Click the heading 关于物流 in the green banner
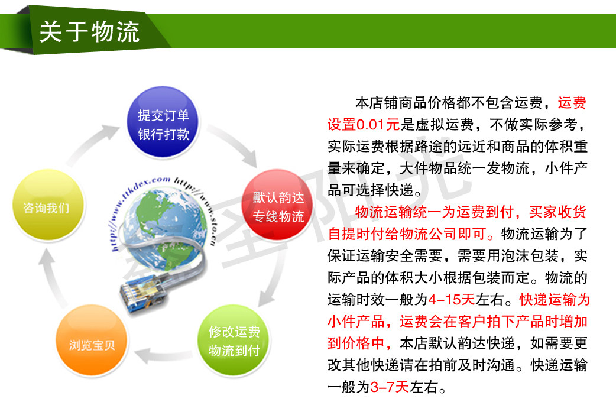pyautogui.click(x=89, y=31)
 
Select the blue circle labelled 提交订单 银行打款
pyautogui.click(x=163, y=122)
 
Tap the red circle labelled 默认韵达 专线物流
pyautogui.click(x=278, y=206)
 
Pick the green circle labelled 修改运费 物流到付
pyautogui.click(x=234, y=341)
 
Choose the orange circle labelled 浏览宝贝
pyautogui.click(x=92, y=341)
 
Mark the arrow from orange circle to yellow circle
pyautogui.click(x=50, y=275)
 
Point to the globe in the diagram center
pyautogui.click(x=164, y=228)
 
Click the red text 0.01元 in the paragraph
pyautogui.click(x=378, y=125)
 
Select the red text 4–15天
pyautogui.click(x=452, y=300)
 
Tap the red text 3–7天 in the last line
pyautogui.click(x=390, y=387)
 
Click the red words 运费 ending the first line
pyautogui.click(x=572, y=103)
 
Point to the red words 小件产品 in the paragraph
pyautogui.click(x=356, y=322)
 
